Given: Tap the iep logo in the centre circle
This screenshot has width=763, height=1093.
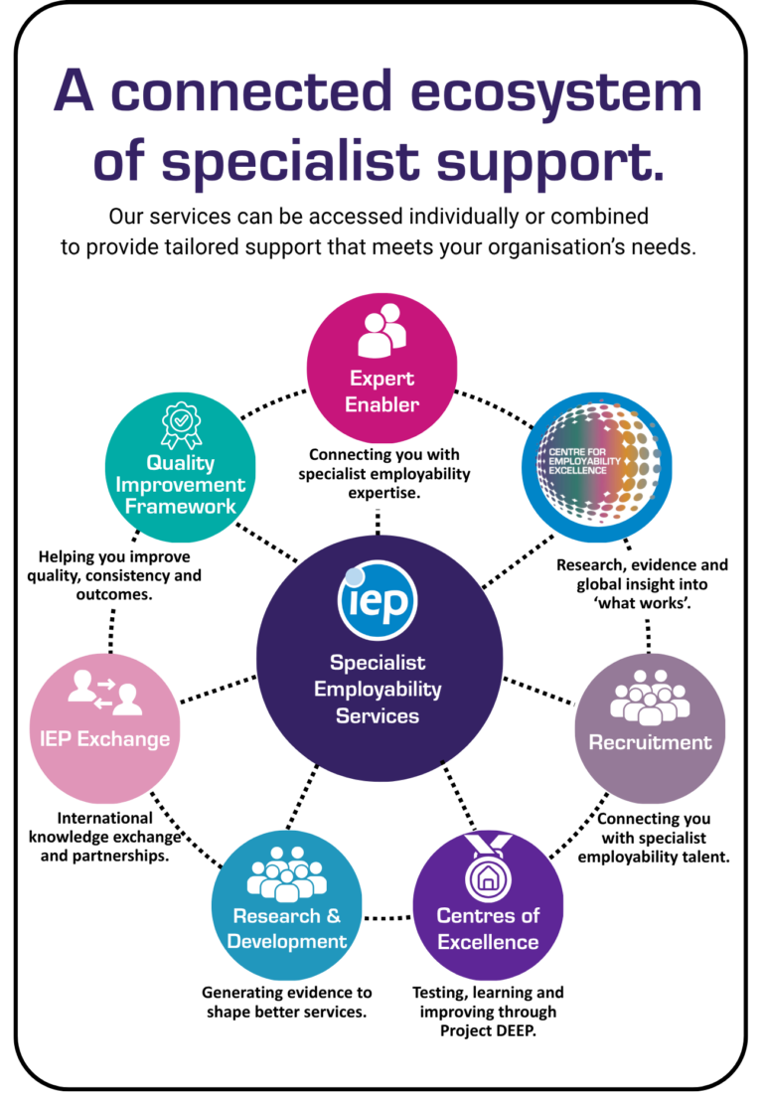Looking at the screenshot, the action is [378, 600].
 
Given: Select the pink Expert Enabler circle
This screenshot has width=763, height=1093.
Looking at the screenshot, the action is [381, 368].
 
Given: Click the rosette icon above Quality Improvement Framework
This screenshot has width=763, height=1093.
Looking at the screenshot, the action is [181, 424].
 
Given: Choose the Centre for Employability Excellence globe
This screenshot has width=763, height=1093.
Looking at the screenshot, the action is [597, 467].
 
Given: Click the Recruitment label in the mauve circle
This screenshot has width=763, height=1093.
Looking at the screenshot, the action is [650, 742].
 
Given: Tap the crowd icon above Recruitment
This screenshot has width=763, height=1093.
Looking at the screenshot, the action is [650, 698].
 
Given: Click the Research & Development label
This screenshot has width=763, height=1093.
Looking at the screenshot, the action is [286, 928].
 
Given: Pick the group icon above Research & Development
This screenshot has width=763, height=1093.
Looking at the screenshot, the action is [286, 874].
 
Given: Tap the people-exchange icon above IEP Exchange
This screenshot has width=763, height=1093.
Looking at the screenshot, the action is [104, 693].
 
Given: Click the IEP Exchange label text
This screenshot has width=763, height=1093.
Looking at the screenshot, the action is [104, 739].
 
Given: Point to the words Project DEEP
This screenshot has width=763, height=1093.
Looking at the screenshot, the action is [488, 1031].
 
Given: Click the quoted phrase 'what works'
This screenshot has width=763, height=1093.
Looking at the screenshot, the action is [643, 603].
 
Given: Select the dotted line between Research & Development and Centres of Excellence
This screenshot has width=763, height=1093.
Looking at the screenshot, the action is [387, 918].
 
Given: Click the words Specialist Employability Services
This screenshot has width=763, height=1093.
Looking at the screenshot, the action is [378, 689].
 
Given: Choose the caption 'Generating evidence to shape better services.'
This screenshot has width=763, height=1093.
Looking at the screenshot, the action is [286, 1002].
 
